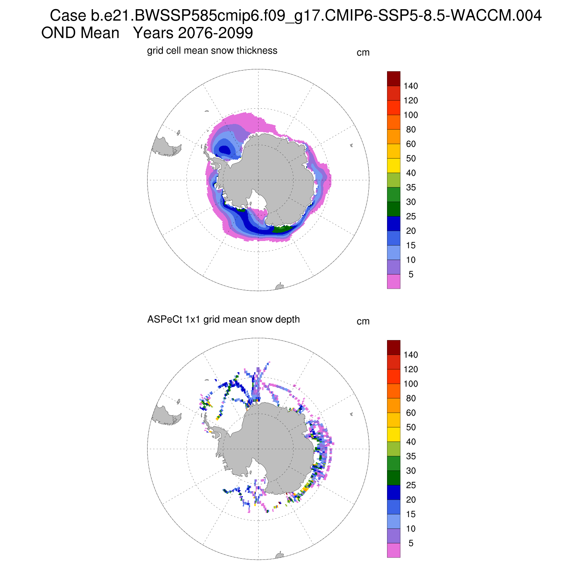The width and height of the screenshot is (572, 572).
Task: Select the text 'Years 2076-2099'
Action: pyautogui.click(x=193, y=33)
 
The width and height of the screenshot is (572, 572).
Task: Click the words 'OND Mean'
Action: pyautogui.click(x=80, y=33)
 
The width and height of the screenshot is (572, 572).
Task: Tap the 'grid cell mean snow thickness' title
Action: pyautogui.click(x=212, y=51)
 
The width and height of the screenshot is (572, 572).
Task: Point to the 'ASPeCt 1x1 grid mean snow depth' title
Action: pyautogui.click(x=223, y=320)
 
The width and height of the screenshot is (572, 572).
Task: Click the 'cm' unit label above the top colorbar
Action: pyautogui.click(x=363, y=53)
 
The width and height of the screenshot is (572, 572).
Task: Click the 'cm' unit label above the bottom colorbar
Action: pyautogui.click(x=363, y=321)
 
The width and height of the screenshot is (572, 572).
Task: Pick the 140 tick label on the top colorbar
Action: pyautogui.click(x=411, y=86)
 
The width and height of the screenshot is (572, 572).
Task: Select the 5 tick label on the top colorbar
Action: pyautogui.click(x=411, y=275)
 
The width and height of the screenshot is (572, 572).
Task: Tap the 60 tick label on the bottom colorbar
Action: pyautogui.click(x=411, y=413)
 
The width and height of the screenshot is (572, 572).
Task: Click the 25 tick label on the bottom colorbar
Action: pyautogui.click(x=411, y=485)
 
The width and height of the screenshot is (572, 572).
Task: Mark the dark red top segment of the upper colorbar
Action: pyautogui.click(x=394, y=79)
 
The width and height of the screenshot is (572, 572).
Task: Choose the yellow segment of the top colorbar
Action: pyautogui.click(x=394, y=165)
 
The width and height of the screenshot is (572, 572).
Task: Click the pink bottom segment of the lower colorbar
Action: pyautogui.click(x=394, y=550)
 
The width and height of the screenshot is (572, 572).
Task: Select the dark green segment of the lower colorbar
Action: pyautogui.click(x=394, y=478)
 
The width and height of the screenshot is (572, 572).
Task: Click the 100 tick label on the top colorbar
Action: pyautogui.click(x=411, y=115)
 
